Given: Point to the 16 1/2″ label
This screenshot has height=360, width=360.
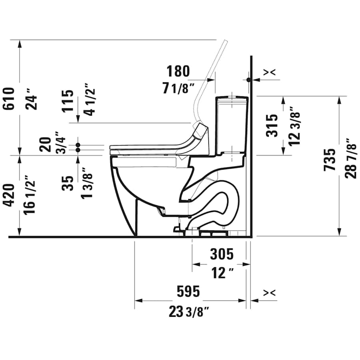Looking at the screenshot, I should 30,194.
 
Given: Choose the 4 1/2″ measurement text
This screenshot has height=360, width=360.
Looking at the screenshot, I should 89,99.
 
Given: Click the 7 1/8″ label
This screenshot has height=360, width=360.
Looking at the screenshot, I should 178,88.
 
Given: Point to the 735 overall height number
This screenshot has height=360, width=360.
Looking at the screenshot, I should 330,160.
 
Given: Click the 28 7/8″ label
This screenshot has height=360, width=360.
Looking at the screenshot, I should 351,158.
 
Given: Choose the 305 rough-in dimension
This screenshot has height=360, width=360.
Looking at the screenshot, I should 221,254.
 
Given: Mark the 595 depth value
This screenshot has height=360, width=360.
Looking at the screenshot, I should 188,292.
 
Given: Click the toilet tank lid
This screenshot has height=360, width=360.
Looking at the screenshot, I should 232,97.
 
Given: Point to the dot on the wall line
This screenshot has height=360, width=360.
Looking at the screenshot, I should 249,80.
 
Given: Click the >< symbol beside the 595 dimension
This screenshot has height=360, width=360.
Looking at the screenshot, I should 270,293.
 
